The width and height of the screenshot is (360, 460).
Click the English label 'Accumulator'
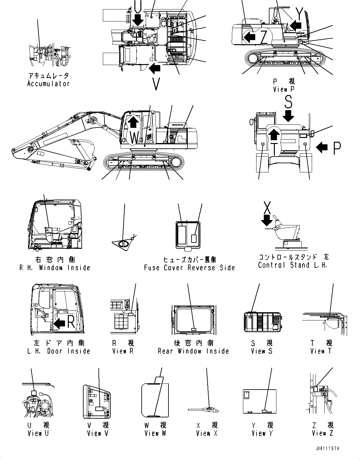[x=48, y=84]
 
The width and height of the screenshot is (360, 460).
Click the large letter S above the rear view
[x=288, y=102]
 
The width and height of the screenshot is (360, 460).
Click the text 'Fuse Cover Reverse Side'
[x=189, y=268]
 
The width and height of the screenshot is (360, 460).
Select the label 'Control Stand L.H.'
[x=292, y=265]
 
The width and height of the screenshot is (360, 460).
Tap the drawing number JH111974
[x=327, y=449]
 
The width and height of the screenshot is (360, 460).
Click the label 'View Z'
[x=322, y=433]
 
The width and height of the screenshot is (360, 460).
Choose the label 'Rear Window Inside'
[x=193, y=351]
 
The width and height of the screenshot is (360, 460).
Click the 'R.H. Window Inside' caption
[x=55, y=268]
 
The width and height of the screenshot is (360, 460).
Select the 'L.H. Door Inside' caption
[x=59, y=351]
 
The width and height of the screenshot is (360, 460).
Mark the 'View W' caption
[x=155, y=433]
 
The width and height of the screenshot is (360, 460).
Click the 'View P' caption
[x=284, y=89]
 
